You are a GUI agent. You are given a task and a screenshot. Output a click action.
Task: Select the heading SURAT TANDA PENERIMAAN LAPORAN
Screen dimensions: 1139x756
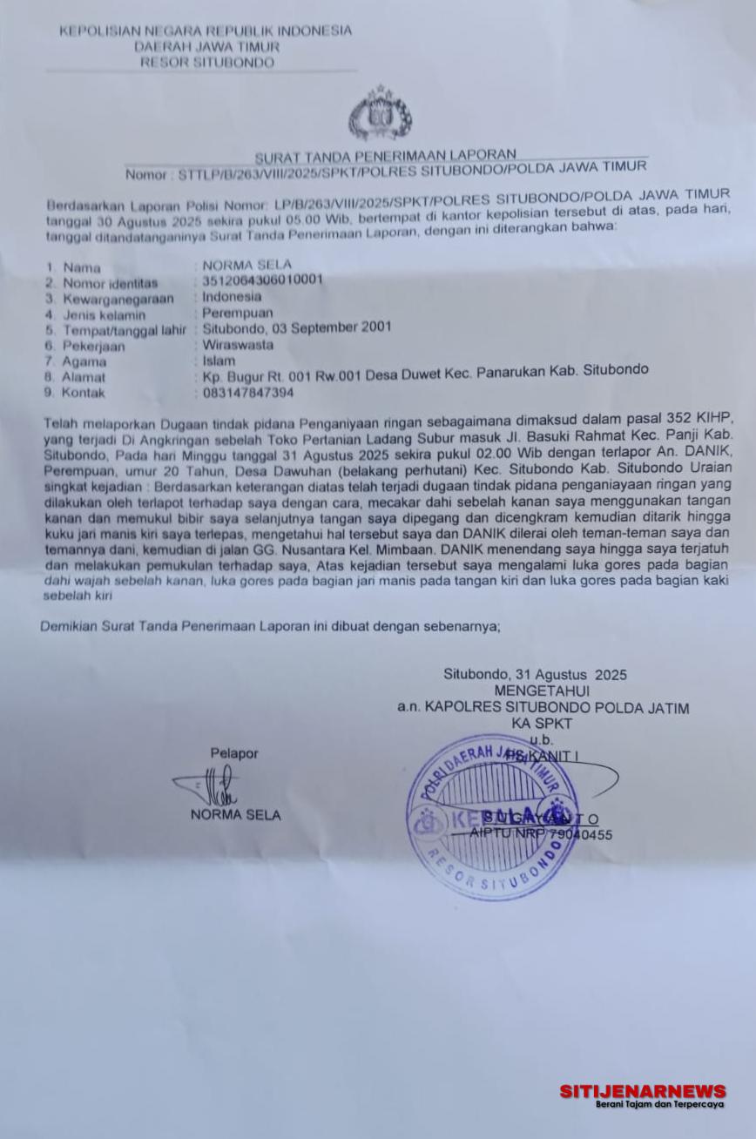[385, 156]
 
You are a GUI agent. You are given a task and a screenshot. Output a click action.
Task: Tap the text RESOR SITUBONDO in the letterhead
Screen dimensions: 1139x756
[206, 63]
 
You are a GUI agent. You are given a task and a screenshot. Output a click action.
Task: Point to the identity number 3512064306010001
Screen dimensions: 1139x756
[262, 280]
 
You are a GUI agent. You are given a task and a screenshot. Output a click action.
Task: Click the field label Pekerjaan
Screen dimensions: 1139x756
[93, 346]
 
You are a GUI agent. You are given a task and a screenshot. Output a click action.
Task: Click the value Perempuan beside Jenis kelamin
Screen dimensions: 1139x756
[238, 312]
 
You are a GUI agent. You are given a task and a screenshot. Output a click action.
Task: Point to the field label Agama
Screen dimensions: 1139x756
[84, 361]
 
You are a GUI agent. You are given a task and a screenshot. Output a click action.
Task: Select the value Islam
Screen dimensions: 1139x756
[219, 361]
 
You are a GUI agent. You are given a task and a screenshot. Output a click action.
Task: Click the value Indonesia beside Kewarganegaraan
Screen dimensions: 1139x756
[232, 296]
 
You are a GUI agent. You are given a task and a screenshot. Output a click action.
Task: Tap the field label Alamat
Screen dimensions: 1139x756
[84, 377]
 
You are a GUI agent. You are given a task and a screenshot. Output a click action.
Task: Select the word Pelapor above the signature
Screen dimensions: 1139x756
[233, 753]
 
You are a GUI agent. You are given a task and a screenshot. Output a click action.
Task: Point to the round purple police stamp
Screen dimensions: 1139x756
[493, 816]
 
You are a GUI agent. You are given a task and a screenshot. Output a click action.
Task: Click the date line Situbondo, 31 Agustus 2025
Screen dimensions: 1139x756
[535, 675]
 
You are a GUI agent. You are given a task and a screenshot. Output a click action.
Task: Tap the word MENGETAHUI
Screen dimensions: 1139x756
[542, 691]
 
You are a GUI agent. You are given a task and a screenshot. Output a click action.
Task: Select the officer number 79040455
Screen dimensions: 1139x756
[580, 834]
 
